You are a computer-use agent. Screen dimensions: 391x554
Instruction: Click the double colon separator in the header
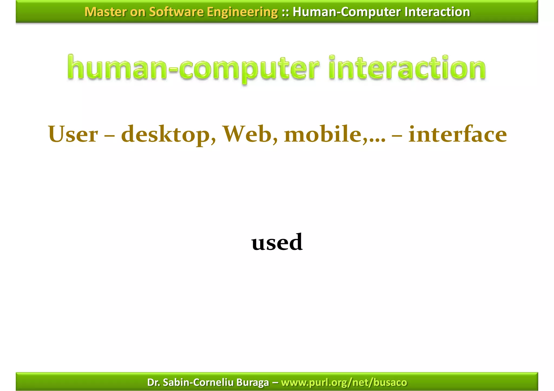point(285,12)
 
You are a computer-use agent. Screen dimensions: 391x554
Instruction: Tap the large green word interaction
point(407,68)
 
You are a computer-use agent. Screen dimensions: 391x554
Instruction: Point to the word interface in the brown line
point(457,134)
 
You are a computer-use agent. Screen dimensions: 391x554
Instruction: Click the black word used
point(277,242)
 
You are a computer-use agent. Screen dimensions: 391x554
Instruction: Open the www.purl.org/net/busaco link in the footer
point(344,382)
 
